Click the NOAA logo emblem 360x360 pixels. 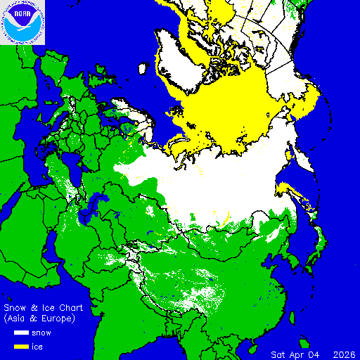pos(22,22)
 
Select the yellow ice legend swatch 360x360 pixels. pos(18,346)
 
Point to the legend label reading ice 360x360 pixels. pos(38,346)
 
